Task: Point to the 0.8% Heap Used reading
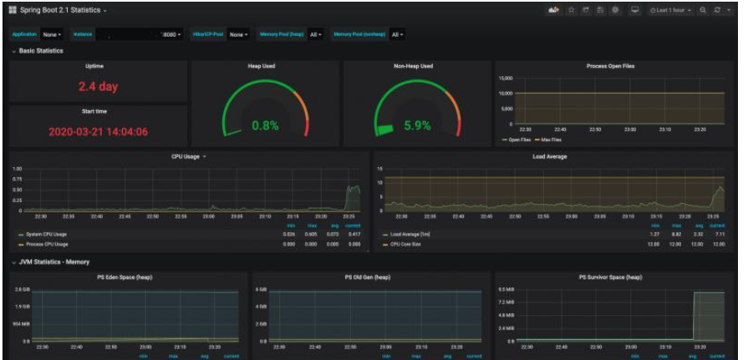[x=265, y=125]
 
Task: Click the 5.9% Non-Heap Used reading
[x=417, y=125]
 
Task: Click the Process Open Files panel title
[x=610, y=65]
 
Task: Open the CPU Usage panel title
[x=185, y=156]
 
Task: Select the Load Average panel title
[x=550, y=156]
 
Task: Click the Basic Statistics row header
[x=41, y=50]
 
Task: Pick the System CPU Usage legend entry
[x=46, y=235]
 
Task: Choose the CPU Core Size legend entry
[x=410, y=244]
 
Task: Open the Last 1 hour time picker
[x=671, y=10]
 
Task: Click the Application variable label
[x=24, y=34]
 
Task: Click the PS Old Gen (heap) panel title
[x=367, y=276]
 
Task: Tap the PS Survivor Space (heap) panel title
[x=610, y=276]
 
